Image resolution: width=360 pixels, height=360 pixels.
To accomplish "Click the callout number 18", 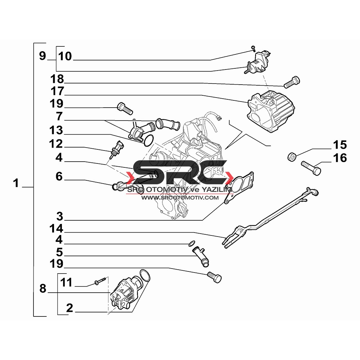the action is tap(57, 79).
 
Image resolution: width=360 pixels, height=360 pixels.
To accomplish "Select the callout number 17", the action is tap(57, 91).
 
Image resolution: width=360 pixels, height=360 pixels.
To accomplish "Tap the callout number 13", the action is tap(56, 130).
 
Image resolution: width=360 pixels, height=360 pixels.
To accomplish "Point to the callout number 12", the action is tap(56, 144).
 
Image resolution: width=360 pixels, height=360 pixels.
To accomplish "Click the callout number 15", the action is tap(340, 145).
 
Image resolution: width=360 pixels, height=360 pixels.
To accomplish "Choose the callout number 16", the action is tap(340, 158).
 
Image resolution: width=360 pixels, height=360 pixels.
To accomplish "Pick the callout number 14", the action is tap(56, 229).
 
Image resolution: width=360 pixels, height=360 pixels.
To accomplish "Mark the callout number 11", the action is tap(66, 282).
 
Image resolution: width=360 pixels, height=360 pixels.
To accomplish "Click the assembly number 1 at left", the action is tap(15, 183).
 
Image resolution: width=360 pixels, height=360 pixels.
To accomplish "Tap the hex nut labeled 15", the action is tap(292, 157).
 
